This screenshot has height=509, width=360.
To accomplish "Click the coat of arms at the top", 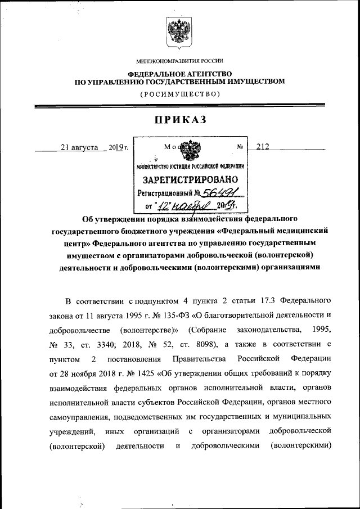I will [180, 33].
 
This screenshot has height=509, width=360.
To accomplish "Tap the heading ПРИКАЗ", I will [180, 120].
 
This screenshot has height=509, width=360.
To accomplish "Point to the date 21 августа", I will [80, 147].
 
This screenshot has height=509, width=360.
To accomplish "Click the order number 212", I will [263, 147].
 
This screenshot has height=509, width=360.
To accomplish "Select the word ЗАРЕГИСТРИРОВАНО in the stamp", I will [191, 181].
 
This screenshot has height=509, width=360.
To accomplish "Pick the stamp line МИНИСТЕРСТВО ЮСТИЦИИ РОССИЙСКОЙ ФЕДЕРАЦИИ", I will [191, 166].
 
